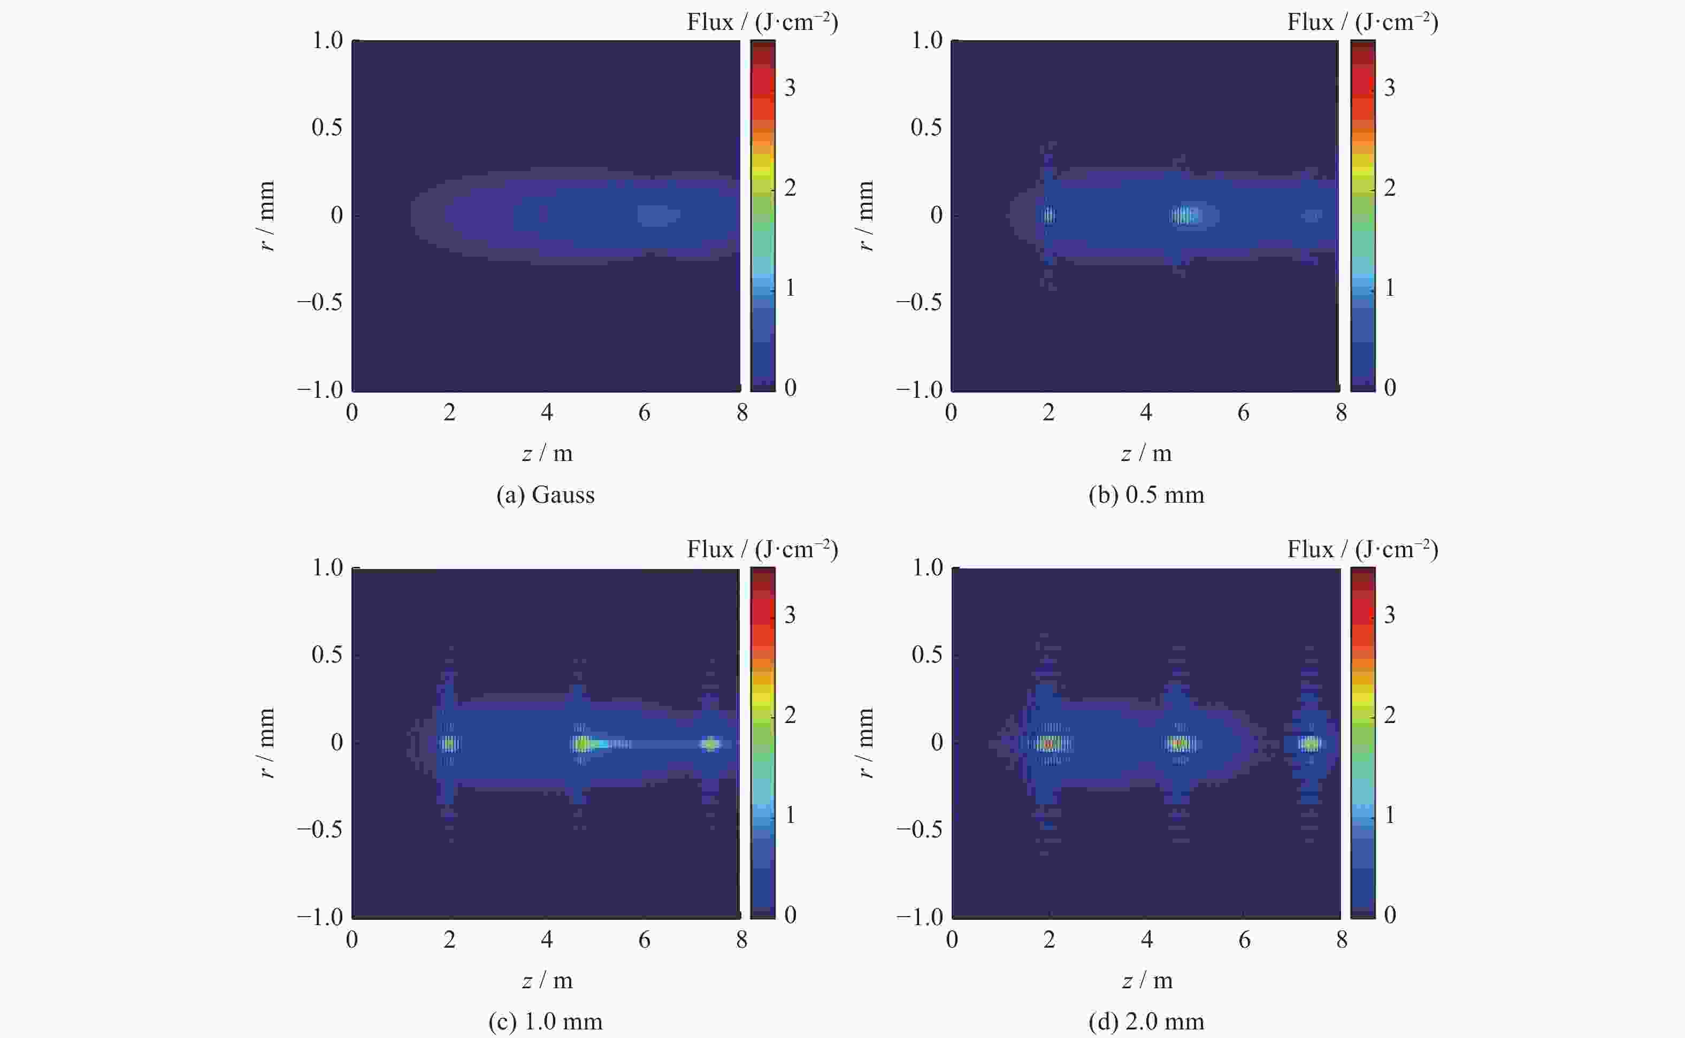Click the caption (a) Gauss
545,495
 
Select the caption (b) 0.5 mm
1146,495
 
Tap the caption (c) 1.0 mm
545,1021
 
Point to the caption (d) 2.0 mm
1146,1021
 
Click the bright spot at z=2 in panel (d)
1048,743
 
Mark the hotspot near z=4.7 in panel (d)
1179,743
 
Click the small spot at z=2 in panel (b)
1048,216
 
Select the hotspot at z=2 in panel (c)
449,743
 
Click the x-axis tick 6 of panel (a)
644,413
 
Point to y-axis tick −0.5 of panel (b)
918,303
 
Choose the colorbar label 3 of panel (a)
790,88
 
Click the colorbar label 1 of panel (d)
1390,815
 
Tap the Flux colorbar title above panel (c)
762,549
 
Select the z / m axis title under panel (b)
1146,453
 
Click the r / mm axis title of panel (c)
267,743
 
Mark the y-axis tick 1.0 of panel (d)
927,568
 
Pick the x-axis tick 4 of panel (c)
547,940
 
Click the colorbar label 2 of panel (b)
1390,187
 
